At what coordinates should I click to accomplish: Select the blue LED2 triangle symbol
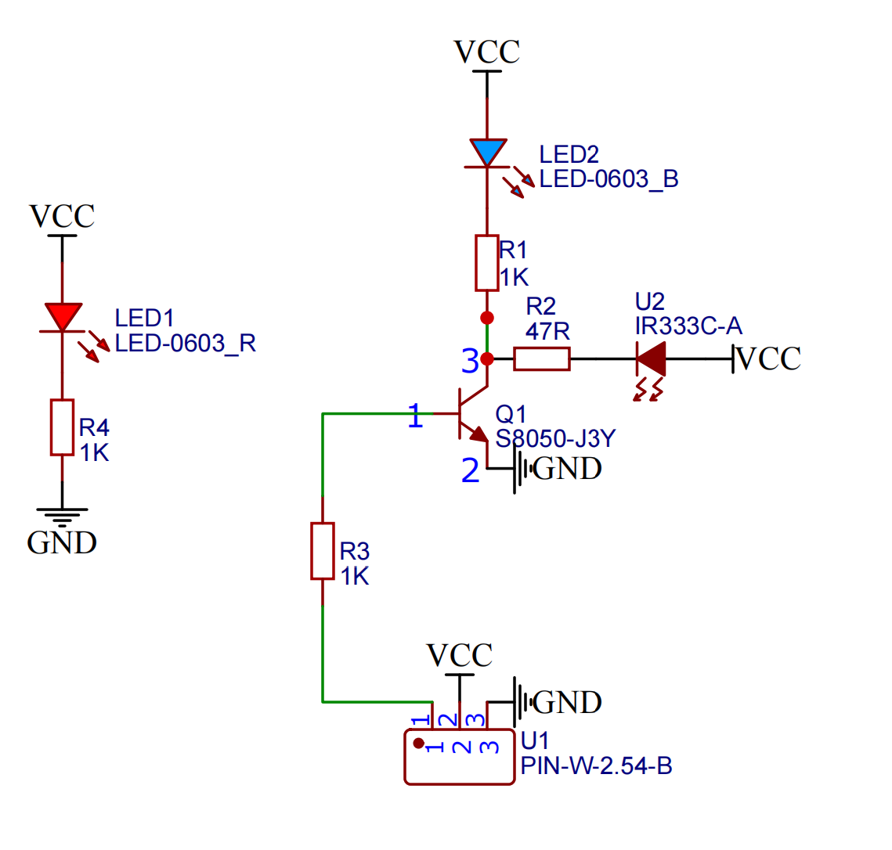pos(487,152)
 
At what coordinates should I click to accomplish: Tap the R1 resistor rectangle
pos(487,262)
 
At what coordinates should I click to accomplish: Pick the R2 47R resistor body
pos(541,359)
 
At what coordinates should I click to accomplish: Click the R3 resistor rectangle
pos(323,551)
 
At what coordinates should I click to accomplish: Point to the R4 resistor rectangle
pos(63,427)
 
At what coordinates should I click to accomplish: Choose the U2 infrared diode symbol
pos(651,360)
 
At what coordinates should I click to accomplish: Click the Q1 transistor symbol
pos(472,414)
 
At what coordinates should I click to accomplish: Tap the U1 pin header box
pos(459,757)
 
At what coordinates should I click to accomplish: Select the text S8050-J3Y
pos(555,438)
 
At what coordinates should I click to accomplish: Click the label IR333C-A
pos(688,326)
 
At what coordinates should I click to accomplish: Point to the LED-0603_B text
pos(609,179)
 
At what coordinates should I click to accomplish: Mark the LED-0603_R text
pos(185,344)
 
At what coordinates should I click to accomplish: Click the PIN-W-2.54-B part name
pos(596,765)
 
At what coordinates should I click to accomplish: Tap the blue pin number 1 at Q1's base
pos(415,416)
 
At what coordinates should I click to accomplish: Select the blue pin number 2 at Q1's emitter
pos(470,470)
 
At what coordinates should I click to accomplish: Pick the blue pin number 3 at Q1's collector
pos(470,362)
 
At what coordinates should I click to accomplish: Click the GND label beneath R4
pos(62,542)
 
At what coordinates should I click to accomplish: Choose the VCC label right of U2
pos(769,358)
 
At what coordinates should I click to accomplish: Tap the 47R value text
pos(547,331)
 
